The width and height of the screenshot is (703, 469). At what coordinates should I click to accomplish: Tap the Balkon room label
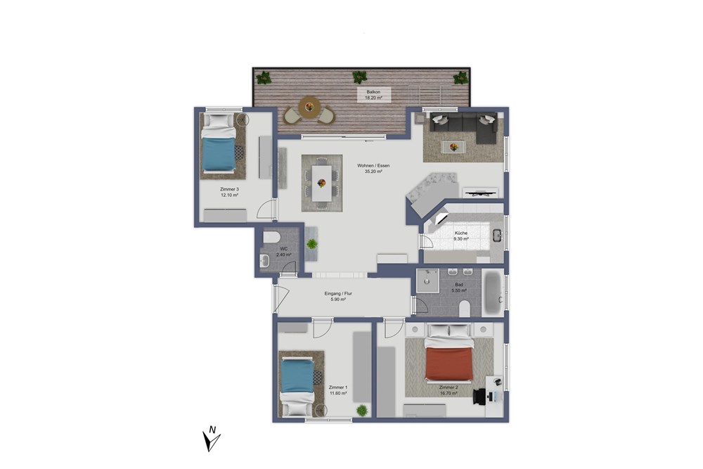[373, 91]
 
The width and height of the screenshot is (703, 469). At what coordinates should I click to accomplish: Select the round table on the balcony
[308, 108]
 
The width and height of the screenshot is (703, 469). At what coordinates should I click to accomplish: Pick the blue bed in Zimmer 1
[297, 383]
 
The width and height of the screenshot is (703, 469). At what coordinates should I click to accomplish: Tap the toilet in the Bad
[464, 308]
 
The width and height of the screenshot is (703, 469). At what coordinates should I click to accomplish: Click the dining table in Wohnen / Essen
[322, 182]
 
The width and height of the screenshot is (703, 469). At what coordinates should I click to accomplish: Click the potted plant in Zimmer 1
[362, 410]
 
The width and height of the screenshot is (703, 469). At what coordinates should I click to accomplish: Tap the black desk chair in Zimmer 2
[481, 395]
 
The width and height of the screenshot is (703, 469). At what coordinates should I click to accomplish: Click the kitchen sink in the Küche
[496, 236]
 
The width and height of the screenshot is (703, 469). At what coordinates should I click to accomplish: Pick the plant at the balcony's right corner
[460, 77]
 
